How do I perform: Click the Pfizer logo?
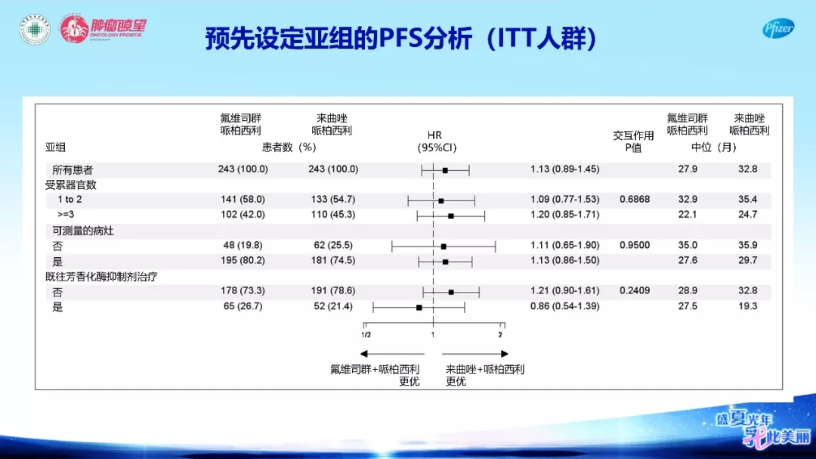coord(778,29)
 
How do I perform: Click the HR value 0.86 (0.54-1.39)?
coord(564,306)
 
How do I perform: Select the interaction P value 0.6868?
coord(635,200)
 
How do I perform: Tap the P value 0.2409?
coord(635,290)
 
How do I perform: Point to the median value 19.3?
coord(747,306)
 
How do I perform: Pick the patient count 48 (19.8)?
coord(243,246)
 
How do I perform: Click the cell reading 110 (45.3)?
coord(333,215)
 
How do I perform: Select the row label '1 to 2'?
coord(70,200)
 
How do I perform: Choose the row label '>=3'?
coord(66,215)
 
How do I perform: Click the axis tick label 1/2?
coord(366,335)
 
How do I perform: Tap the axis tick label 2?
coord(500,335)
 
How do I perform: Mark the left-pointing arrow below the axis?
coord(392,354)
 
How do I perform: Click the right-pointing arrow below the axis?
coord(474,354)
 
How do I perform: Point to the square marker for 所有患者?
coord(445,170)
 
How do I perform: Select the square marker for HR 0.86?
coord(419,308)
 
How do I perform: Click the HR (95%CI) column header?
coord(436,141)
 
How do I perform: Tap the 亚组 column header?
coord(55,147)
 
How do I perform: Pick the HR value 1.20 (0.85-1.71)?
coord(564,215)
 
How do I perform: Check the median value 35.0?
coord(688,246)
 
